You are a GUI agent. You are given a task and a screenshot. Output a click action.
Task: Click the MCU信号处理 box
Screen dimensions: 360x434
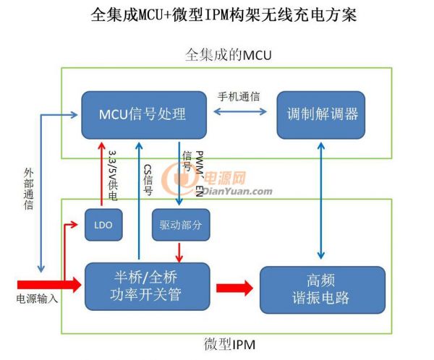(142, 113)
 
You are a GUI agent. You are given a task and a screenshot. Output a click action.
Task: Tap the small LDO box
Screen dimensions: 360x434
(103, 225)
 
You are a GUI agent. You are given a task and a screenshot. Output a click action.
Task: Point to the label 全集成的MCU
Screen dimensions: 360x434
(228, 55)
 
